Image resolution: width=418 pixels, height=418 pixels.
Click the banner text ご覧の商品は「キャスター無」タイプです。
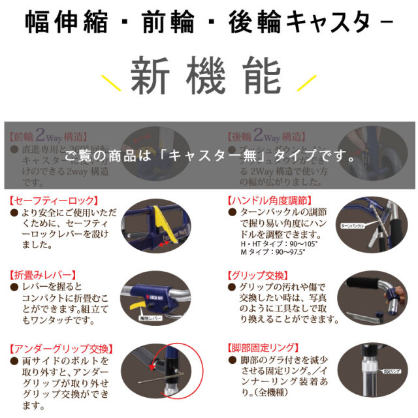tap(209, 157)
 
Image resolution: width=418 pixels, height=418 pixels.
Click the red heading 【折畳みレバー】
tap(44, 274)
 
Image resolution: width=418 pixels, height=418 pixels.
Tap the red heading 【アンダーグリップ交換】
tap(62, 348)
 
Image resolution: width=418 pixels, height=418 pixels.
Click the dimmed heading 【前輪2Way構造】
tap(48, 137)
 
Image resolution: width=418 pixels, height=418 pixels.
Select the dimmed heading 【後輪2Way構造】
tap(266, 137)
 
